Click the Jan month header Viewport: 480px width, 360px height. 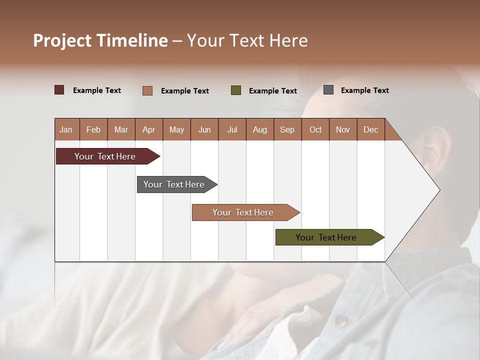point(66,129)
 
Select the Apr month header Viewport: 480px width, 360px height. point(148,129)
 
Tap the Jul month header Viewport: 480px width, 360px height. point(232,129)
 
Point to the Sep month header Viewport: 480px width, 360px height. point(287,129)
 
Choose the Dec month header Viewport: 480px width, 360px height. point(370,129)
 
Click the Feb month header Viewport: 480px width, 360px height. point(93,129)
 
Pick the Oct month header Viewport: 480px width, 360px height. point(315,129)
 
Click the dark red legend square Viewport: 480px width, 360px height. point(59,90)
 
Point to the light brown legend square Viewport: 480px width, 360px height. point(147,90)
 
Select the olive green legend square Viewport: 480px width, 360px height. point(236,90)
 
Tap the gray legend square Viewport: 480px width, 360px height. point(328,90)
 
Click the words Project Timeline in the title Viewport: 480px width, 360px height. point(100,40)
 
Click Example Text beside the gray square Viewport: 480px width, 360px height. point(364,90)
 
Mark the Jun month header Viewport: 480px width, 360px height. point(204,129)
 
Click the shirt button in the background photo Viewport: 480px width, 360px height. point(340,320)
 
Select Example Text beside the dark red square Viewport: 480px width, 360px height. point(97,90)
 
